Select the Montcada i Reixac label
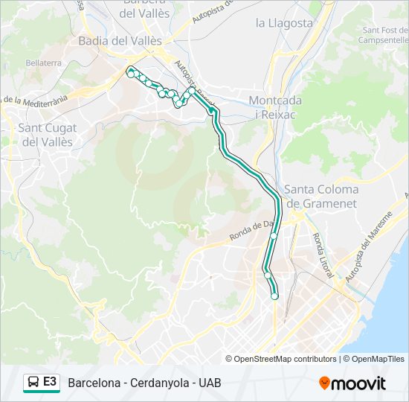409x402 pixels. click(x=275, y=107)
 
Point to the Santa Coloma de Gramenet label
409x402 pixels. click(x=321, y=196)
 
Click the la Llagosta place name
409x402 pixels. click(x=285, y=22)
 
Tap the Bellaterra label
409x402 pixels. click(x=43, y=63)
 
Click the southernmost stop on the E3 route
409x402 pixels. click(x=274, y=296)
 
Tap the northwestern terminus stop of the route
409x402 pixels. click(x=131, y=72)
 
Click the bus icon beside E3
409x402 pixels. click(x=33, y=383)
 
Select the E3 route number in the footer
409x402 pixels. click(x=50, y=382)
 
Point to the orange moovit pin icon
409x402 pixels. click(x=324, y=383)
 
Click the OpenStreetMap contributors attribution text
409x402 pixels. click(x=286, y=359)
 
